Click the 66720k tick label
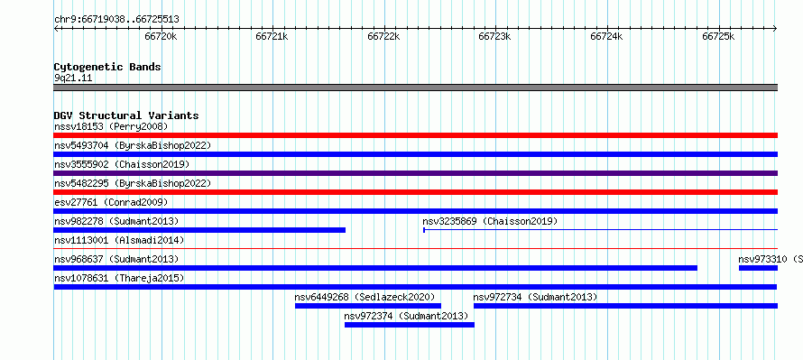[x=162, y=36]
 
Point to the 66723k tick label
[x=494, y=36]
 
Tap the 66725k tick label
[x=718, y=36]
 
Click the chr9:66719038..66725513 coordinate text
[x=116, y=20]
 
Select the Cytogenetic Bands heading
[x=107, y=67]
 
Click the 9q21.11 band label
[x=73, y=78]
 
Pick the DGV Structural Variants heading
[x=126, y=115]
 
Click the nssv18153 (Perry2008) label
[x=111, y=126]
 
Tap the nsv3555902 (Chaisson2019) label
[x=122, y=164]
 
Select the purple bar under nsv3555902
[x=416, y=173]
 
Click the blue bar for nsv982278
[x=199, y=230]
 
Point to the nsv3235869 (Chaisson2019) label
[x=490, y=221]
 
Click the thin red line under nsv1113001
[x=416, y=249]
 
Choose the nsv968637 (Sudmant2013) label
[x=116, y=259]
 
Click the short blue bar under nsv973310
[x=759, y=268]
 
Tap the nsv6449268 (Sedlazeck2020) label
[x=365, y=297]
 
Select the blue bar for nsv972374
[x=410, y=325]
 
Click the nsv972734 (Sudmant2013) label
[x=535, y=297]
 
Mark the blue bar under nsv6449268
[x=368, y=306]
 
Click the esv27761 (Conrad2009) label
[x=111, y=202]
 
